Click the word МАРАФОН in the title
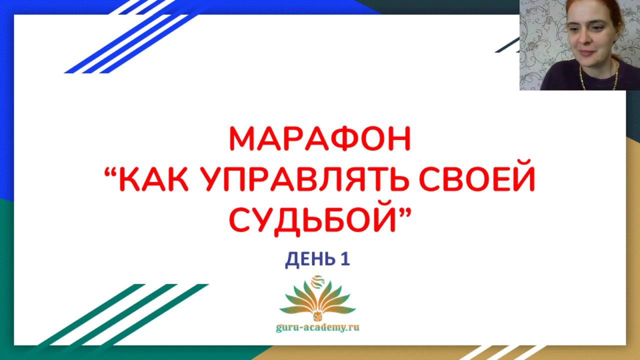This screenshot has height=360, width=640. pyautogui.click(x=320, y=139)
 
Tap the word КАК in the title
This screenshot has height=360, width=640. pyautogui.click(x=153, y=178)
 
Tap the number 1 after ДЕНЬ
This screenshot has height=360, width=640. pyautogui.click(x=345, y=259)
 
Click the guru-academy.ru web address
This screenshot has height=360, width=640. pyautogui.click(x=317, y=327)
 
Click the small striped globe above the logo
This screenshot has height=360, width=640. pyautogui.click(x=317, y=281)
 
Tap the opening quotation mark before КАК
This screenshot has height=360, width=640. pyautogui.click(x=111, y=171)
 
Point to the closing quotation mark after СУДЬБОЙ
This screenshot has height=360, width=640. pyautogui.click(x=404, y=213)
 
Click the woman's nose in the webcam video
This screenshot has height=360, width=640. pyautogui.click(x=585, y=40)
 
